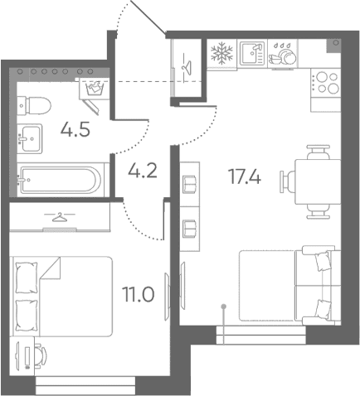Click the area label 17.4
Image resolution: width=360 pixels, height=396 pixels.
(x=245, y=176)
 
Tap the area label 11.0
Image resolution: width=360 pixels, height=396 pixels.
(x=139, y=294)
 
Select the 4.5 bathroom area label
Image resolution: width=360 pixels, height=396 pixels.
(x=75, y=129)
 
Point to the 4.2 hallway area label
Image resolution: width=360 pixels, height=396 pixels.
(x=143, y=170)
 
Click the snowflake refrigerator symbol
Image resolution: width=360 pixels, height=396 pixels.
(x=221, y=53)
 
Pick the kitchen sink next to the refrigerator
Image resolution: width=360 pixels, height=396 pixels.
(x=252, y=54)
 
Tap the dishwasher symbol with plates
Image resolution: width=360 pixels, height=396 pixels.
(x=282, y=54)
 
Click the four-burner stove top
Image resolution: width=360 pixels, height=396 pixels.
(x=325, y=83)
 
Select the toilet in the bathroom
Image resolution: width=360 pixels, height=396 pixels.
(x=34, y=105)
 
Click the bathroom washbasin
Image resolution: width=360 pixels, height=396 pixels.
(x=30, y=138)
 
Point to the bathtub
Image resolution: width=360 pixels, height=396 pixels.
(x=60, y=180)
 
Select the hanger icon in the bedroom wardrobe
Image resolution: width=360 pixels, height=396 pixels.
(x=60, y=217)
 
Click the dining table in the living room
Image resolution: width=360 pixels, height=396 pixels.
(x=318, y=181)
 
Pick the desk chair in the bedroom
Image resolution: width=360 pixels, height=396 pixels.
(x=41, y=355)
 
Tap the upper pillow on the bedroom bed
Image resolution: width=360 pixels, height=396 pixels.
(x=27, y=278)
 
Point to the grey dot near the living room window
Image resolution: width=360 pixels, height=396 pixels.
(x=224, y=307)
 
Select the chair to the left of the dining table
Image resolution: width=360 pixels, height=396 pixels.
(x=287, y=181)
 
